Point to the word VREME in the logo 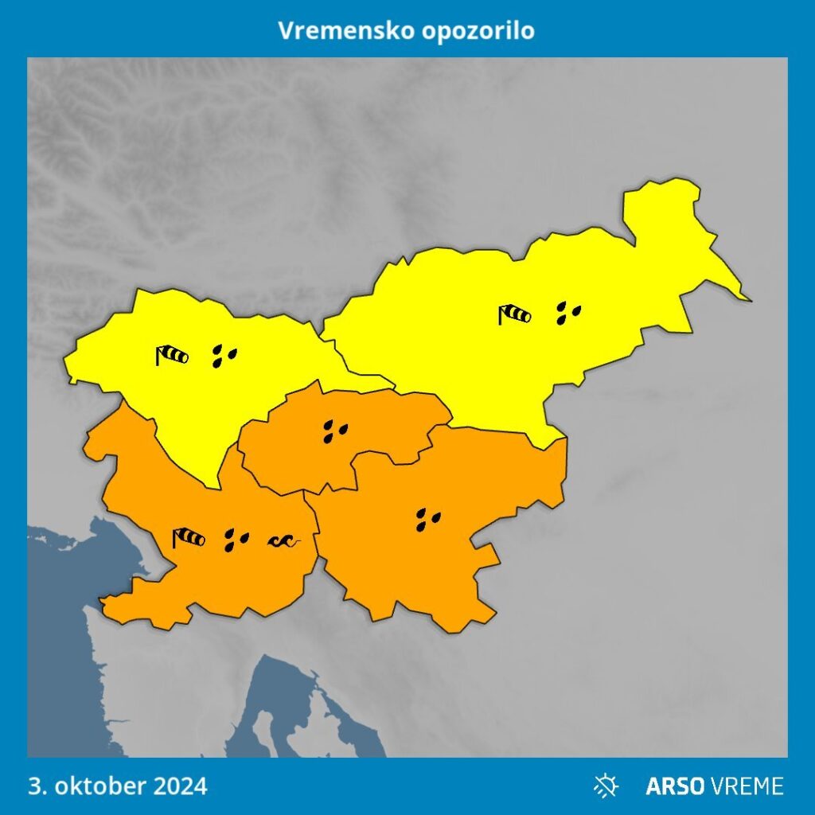click(747, 786)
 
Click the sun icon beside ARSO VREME click(606, 786)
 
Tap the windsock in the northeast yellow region click(514, 314)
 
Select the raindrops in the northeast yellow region click(568, 313)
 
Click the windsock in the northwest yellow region click(172, 354)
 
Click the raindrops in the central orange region click(336, 431)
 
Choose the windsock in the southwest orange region click(189, 538)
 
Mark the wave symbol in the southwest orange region click(284, 541)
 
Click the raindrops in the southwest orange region click(236, 540)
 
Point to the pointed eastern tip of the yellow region click(749, 299)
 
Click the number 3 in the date click(34, 786)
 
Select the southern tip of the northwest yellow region click(215, 486)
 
